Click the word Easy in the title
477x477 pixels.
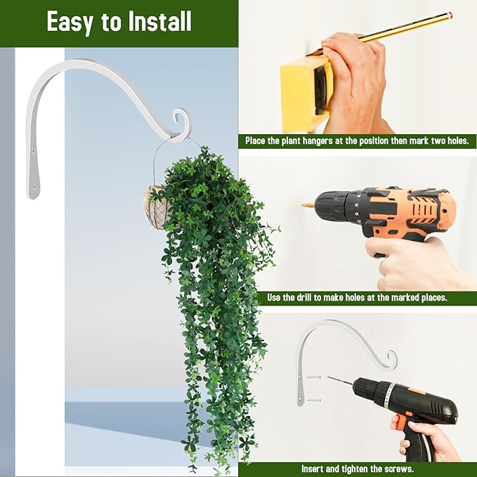(x=70, y=22)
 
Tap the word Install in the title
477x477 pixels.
(x=158, y=22)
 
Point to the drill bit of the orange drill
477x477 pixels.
(x=308, y=205)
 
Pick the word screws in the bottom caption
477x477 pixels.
(x=398, y=469)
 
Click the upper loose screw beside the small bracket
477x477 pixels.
(x=314, y=377)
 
